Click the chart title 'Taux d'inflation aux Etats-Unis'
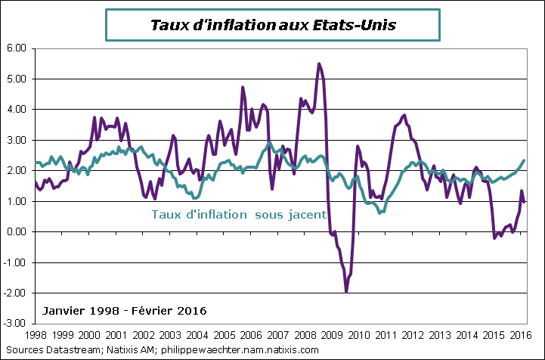point(272,24)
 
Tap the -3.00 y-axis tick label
point(16,324)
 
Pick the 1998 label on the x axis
point(36,334)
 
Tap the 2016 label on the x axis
point(518,334)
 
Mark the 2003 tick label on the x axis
point(169,334)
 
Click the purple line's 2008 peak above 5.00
point(319,64)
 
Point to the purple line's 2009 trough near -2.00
point(346,291)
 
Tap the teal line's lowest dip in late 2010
point(380,213)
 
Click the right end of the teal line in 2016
point(525,160)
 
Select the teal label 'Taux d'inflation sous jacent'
point(239,214)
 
